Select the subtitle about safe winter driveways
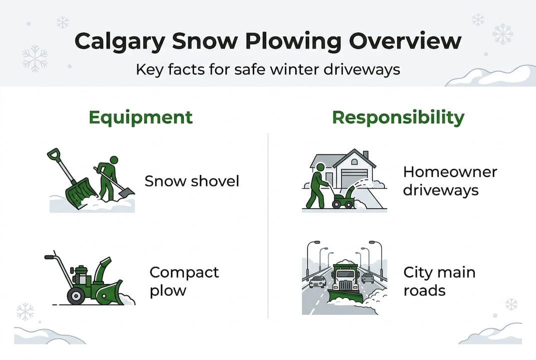(268, 68)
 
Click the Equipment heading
(140, 117)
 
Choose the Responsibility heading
(398, 117)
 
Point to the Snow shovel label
(192, 180)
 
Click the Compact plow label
(184, 281)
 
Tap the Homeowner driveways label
(450, 181)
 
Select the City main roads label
(439, 281)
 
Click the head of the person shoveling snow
(114, 160)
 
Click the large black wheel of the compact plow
(75, 295)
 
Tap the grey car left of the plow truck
(317, 281)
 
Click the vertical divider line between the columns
(268, 225)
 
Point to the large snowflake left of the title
(35, 58)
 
